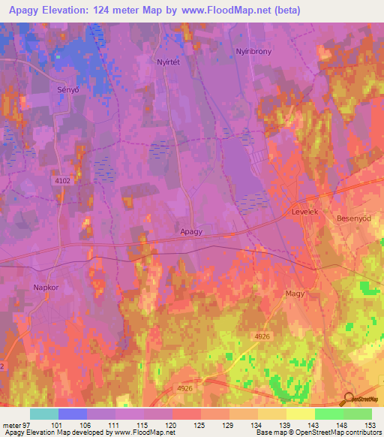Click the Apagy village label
(191, 233)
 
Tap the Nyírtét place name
(167, 62)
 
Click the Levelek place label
(305, 213)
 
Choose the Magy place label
(294, 295)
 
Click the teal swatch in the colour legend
(44, 414)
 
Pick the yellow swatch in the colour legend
(300, 414)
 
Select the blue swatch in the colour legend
(73, 414)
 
